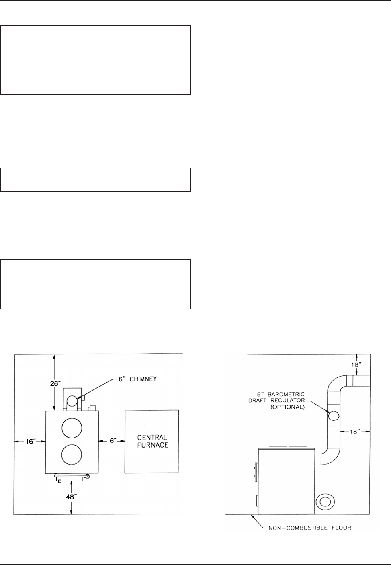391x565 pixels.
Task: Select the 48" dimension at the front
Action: click(x=71, y=497)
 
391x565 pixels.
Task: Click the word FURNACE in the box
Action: click(x=153, y=445)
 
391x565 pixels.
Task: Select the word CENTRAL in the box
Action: click(x=152, y=437)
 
